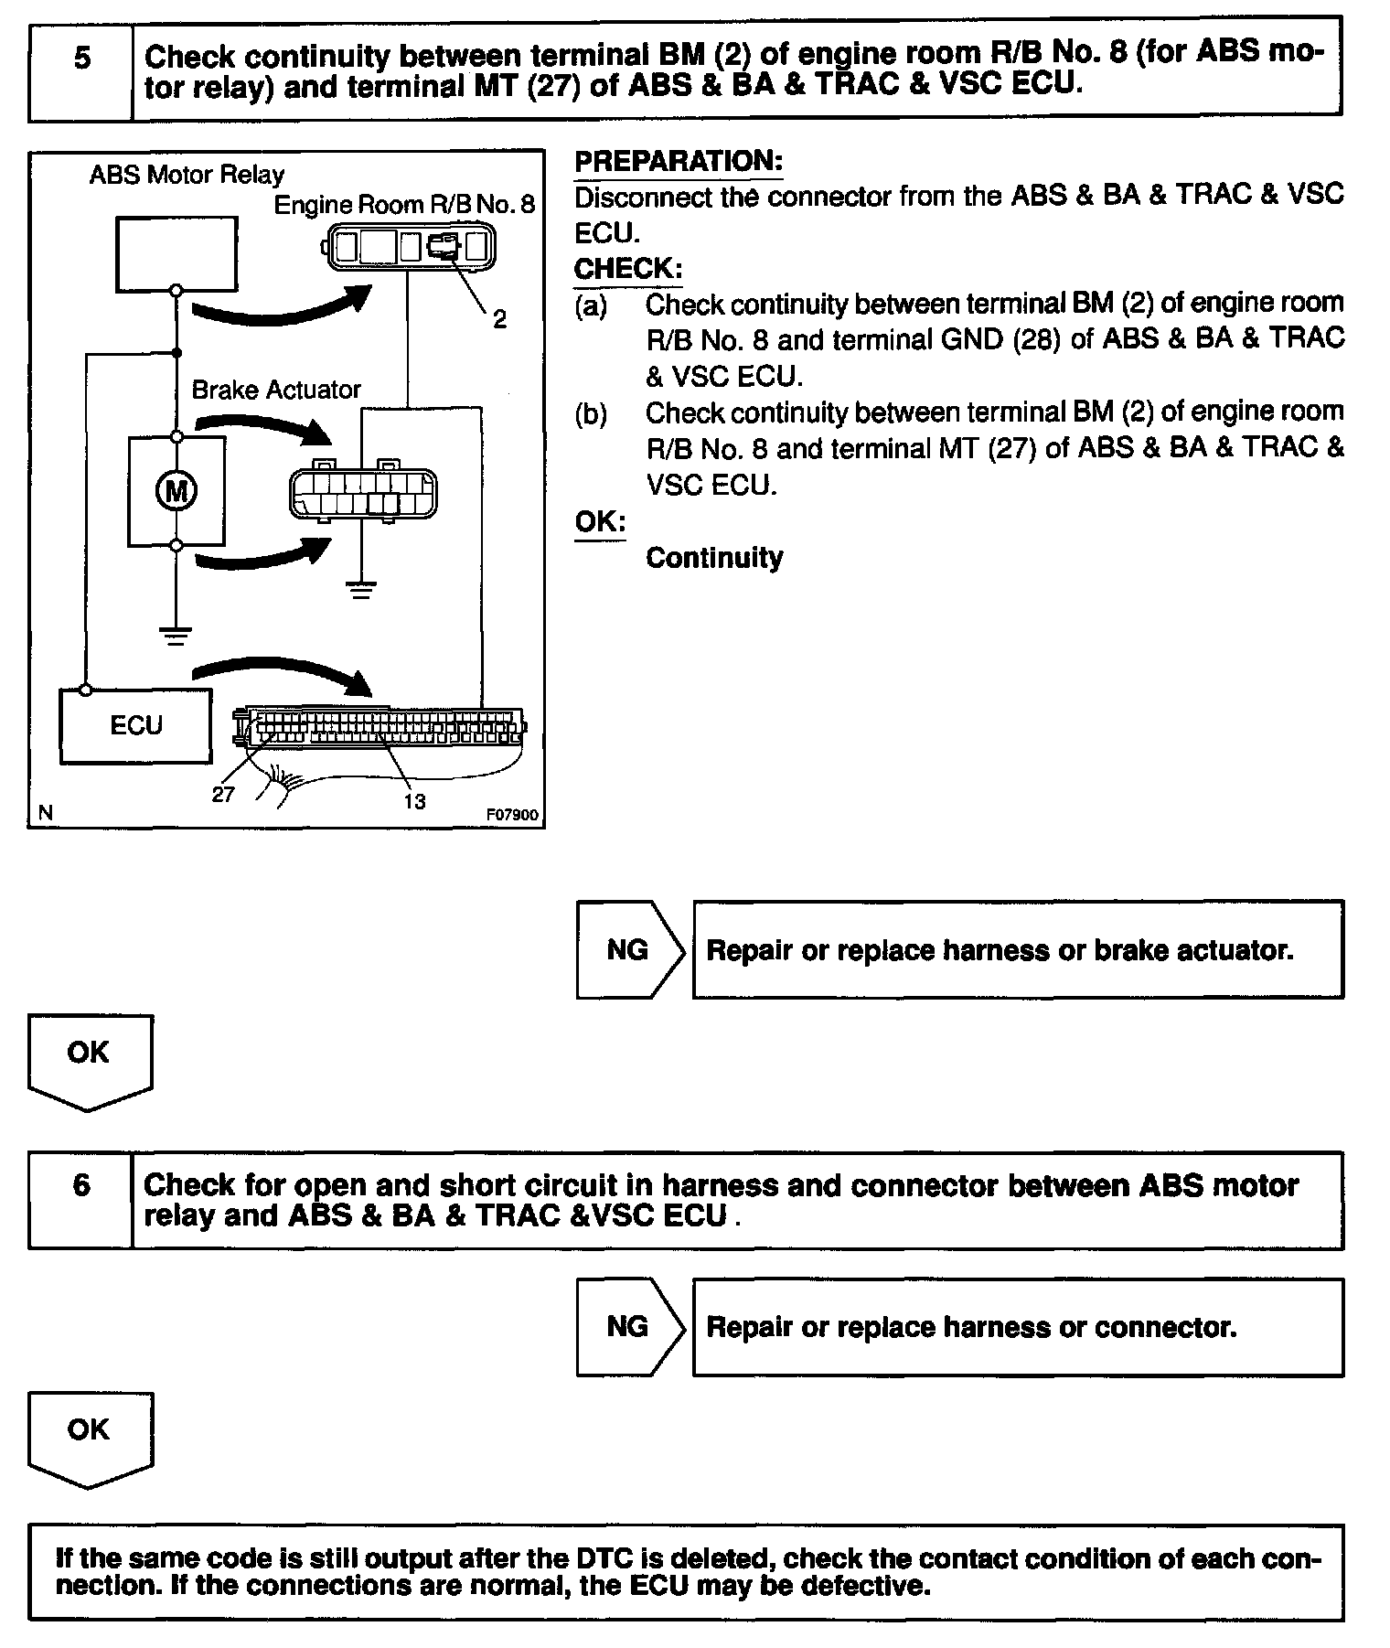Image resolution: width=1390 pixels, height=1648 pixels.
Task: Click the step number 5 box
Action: (81, 60)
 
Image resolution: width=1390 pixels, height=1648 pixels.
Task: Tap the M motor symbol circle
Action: (176, 492)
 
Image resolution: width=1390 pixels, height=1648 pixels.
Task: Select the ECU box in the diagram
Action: (135, 726)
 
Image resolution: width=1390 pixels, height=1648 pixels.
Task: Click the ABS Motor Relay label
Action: (187, 175)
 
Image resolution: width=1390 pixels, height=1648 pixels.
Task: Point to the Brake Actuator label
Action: (276, 391)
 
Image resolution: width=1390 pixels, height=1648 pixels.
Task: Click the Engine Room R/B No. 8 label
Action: (404, 204)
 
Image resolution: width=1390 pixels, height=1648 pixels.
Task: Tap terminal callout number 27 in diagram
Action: (223, 795)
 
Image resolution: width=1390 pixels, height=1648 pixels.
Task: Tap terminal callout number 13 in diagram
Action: (414, 801)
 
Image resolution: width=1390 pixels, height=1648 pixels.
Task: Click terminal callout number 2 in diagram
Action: (499, 319)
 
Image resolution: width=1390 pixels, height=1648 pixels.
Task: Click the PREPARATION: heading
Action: (679, 162)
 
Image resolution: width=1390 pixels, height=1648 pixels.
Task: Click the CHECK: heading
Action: (627, 269)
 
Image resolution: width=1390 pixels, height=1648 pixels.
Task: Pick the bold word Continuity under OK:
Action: (714, 558)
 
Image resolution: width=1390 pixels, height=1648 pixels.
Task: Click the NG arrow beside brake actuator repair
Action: (629, 950)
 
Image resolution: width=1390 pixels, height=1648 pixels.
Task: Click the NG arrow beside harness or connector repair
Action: (629, 1327)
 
